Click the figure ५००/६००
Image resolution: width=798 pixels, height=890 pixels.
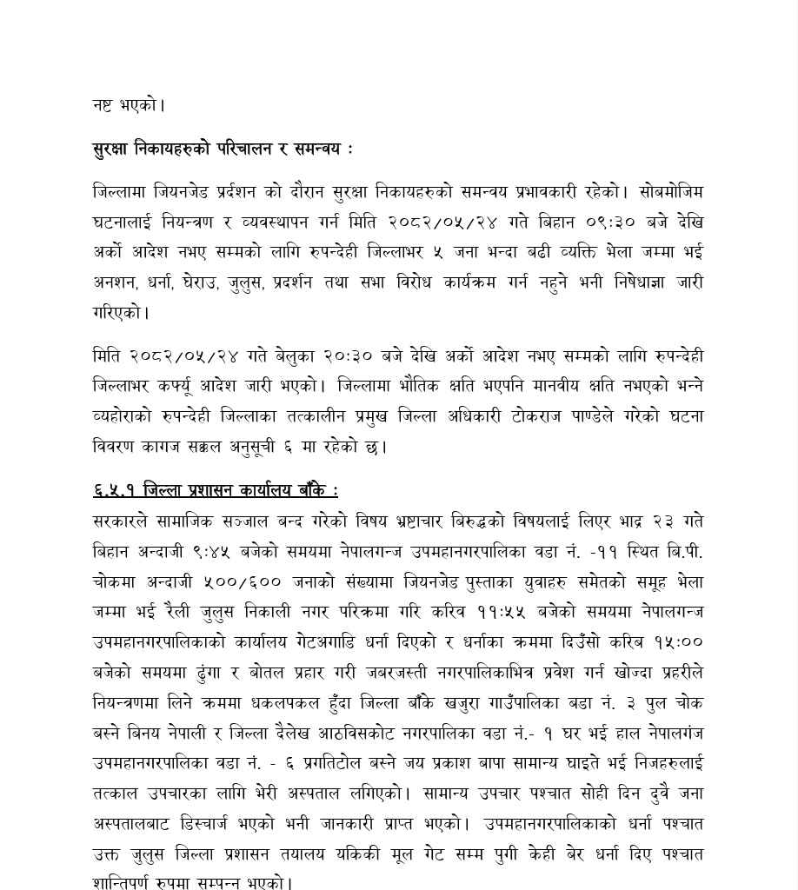(x=242, y=582)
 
